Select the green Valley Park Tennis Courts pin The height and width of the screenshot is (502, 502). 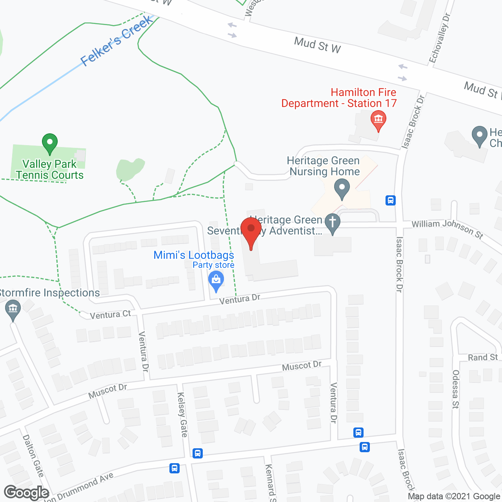pos(50,144)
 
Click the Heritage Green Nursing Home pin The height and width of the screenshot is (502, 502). pos(342,189)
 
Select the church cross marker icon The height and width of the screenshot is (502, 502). pos(333,223)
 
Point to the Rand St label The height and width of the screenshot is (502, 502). pos(482,358)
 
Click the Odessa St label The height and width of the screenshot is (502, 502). pos(455,389)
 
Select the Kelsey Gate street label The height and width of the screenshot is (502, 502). pos(182,415)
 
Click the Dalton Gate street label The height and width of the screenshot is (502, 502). pos(33,456)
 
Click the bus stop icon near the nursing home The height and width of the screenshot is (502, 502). pos(390,200)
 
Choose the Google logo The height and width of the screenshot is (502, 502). pos(27,493)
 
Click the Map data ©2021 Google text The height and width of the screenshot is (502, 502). pos(454,497)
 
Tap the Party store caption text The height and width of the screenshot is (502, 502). pos(213,265)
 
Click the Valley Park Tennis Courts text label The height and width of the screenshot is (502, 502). pos(50,169)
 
